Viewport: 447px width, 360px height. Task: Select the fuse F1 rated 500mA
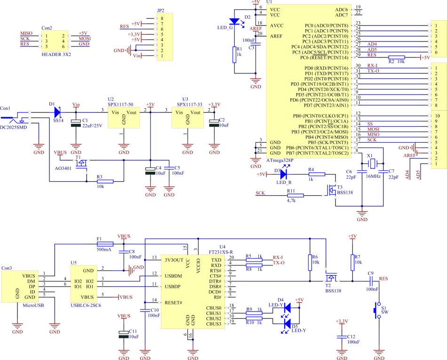104,244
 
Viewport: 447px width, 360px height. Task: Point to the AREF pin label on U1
277,36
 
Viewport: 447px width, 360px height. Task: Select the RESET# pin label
173,302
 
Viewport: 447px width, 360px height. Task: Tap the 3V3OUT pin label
174,260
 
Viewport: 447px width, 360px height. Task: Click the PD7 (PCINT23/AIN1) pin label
326,105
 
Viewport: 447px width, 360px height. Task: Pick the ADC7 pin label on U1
341,15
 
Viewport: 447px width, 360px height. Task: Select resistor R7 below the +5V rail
352,263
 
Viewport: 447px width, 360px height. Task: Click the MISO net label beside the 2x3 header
26,33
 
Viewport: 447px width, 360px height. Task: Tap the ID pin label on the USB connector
32,292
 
